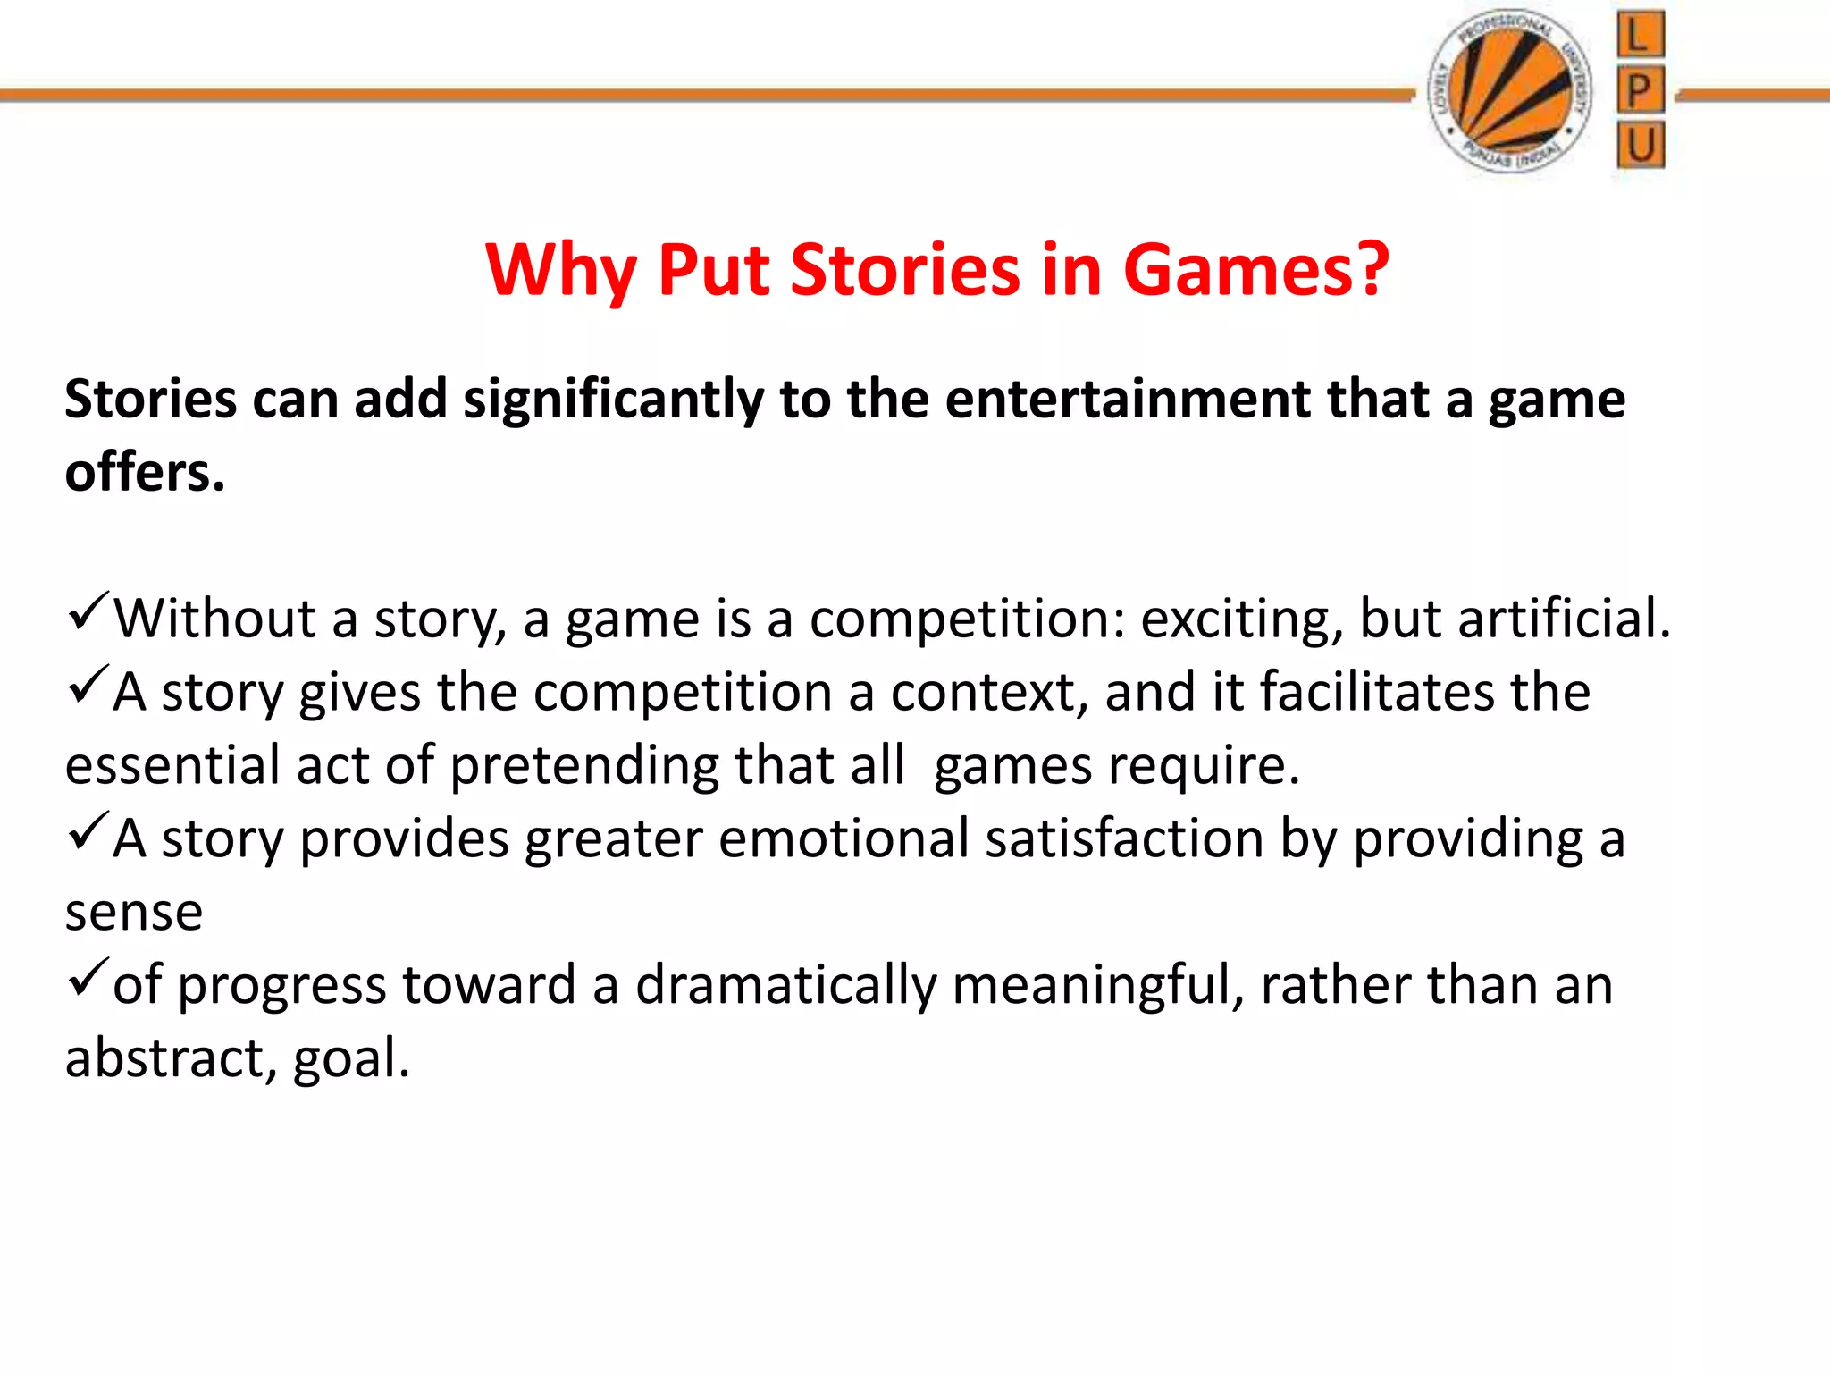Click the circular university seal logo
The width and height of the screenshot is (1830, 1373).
click(1509, 91)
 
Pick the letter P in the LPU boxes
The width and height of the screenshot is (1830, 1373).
click(1640, 89)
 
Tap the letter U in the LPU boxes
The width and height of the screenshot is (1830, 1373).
click(1640, 145)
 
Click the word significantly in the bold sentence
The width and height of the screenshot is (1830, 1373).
click(613, 400)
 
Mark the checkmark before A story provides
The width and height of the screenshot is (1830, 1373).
click(88, 830)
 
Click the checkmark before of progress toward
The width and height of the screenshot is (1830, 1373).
click(88, 977)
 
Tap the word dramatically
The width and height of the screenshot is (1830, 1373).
click(786, 986)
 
